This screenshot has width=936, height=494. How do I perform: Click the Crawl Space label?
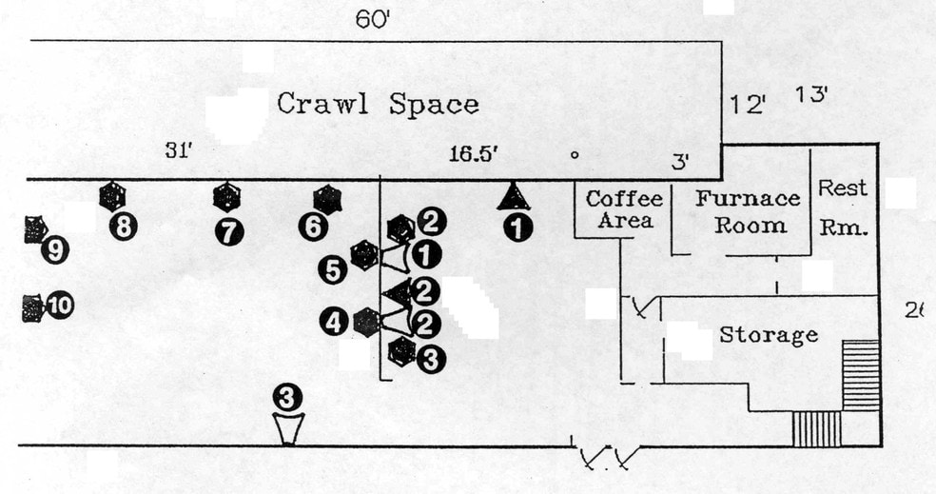[378, 104]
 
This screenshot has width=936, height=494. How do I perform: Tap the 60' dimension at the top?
[373, 20]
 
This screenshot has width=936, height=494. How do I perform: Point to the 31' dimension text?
[178, 150]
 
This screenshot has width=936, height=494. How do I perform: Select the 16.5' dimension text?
[474, 154]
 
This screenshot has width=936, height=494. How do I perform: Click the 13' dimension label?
[811, 94]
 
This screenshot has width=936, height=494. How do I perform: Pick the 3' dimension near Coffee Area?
[681, 161]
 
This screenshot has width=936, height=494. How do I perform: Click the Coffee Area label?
[624, 209]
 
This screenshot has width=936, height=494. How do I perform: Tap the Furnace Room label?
[748, 211]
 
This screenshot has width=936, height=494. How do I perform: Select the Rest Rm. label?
[842, 207]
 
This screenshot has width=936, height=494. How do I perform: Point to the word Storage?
[769, 335]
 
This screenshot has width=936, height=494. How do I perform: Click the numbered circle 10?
[59, 306]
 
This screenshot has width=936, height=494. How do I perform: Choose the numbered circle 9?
[55, 250]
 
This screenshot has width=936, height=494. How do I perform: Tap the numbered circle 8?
[124, 227]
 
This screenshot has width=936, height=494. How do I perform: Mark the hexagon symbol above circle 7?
[226, 197]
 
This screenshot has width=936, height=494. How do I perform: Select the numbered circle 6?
[313, 227]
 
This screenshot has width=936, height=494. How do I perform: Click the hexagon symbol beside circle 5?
[364, 256]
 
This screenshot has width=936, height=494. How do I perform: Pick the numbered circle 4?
[333, 324]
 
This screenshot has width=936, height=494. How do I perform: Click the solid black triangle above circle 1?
[513, 196]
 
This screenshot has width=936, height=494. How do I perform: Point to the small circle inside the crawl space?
[575, 155]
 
